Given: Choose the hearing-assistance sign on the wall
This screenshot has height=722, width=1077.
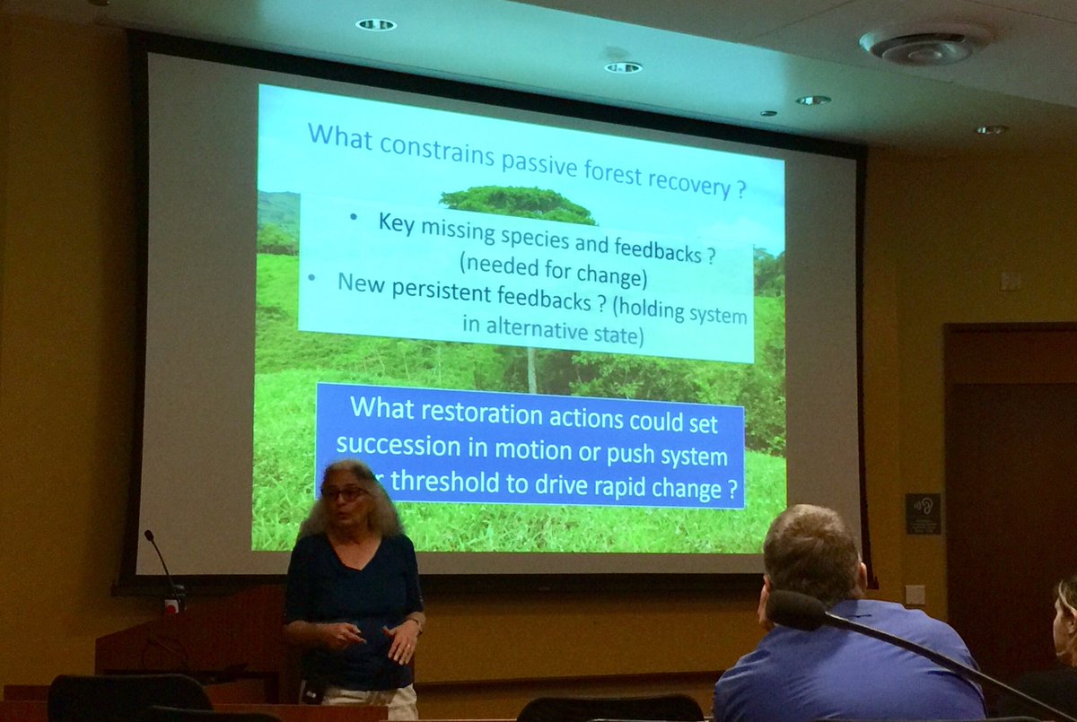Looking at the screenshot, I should pyautogui.click(x=922, y=513).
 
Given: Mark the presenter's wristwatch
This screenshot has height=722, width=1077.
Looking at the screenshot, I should pyautogui.click(x=415, y=621).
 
